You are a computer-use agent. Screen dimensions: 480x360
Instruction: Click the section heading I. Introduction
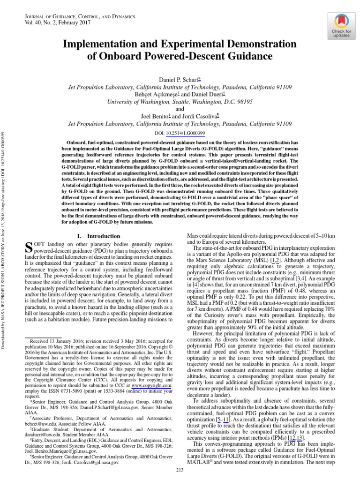pos(95,237)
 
